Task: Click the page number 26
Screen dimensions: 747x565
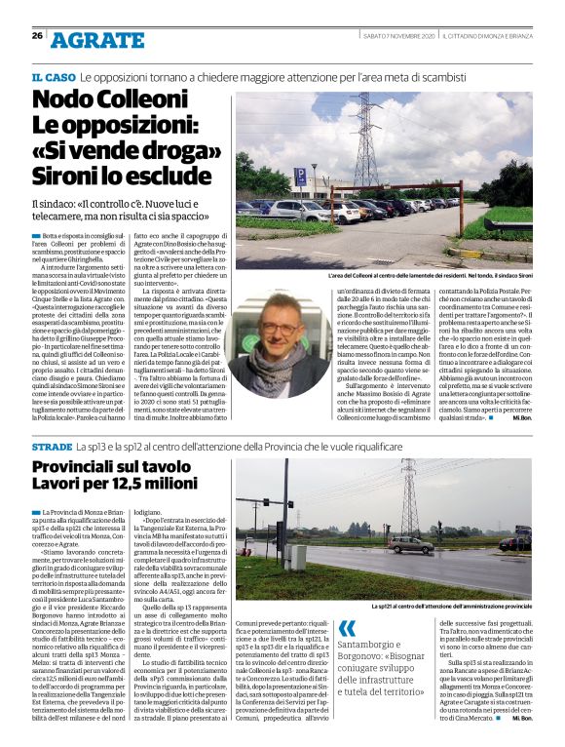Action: (36, 36)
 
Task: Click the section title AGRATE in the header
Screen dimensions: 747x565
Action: (96, 40)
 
